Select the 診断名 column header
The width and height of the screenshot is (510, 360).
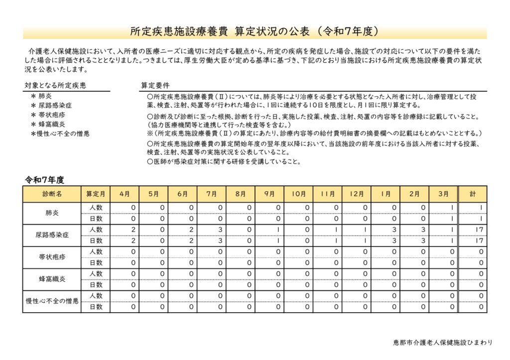tap(52, 194)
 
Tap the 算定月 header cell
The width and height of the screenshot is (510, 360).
tap(96, 194)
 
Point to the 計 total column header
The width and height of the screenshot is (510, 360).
tap(472, 194)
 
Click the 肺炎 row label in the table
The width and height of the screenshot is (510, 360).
tap(52, 213)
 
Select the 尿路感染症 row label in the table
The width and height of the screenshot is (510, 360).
tap(52, 235)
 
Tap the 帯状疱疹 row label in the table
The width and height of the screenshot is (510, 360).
tap(52, 257)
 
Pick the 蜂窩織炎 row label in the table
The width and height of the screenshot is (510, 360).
tap(52, 279)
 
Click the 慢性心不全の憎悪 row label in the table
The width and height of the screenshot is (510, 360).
tap(52, 301)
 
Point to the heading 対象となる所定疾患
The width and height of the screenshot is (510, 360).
tap(55, 86)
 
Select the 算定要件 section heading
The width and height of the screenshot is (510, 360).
tap(155, 86)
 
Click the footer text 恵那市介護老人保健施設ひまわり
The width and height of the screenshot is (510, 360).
tap(442, 343)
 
